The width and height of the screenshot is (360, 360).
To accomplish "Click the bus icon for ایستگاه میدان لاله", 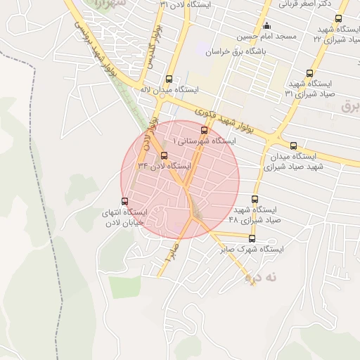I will point(168,79).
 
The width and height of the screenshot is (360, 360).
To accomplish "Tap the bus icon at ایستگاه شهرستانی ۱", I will point(205,130).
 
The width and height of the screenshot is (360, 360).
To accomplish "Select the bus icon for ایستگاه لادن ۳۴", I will point(165,155).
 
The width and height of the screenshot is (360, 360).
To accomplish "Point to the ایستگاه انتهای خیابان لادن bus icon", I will point(125,202).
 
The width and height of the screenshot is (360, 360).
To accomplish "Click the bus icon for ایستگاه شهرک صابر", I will point(252,238).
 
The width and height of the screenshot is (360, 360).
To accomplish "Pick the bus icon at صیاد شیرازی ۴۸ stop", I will point(254,199).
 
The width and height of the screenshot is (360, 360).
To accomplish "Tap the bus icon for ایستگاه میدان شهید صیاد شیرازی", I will point(293,146).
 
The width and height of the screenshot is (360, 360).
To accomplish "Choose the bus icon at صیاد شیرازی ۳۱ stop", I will point(310,73).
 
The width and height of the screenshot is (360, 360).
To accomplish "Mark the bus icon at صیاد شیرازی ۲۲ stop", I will point(339,19).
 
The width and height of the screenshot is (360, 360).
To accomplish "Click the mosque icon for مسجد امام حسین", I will point(266,27).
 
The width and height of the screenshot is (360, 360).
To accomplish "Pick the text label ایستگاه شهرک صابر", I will point(251,249).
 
